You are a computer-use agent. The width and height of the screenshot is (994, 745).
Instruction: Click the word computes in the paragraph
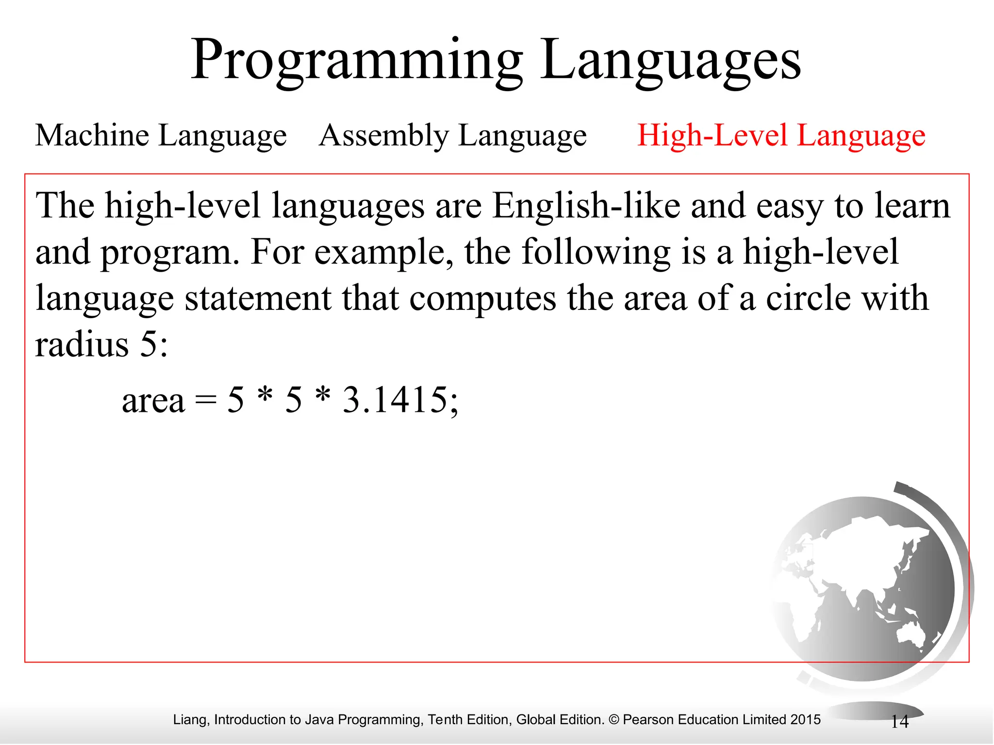pos(482,298)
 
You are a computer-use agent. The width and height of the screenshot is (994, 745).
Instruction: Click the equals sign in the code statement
pos(205,402)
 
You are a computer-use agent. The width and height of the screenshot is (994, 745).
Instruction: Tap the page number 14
pos(899,722)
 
